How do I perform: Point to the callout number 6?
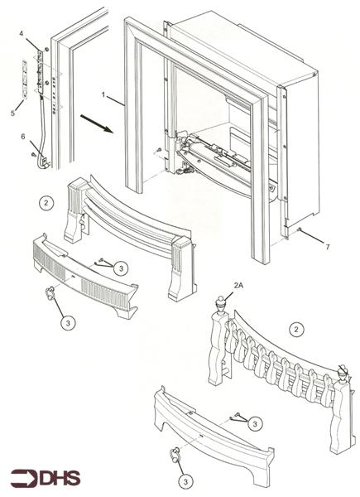(22, 135)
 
